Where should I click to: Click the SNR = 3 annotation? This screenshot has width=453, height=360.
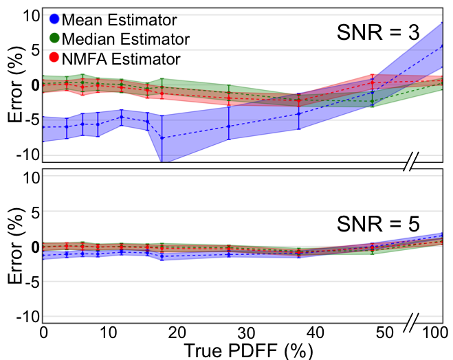click(x=377, y=32)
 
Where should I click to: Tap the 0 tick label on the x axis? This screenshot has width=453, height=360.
click(x=43, y=333)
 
